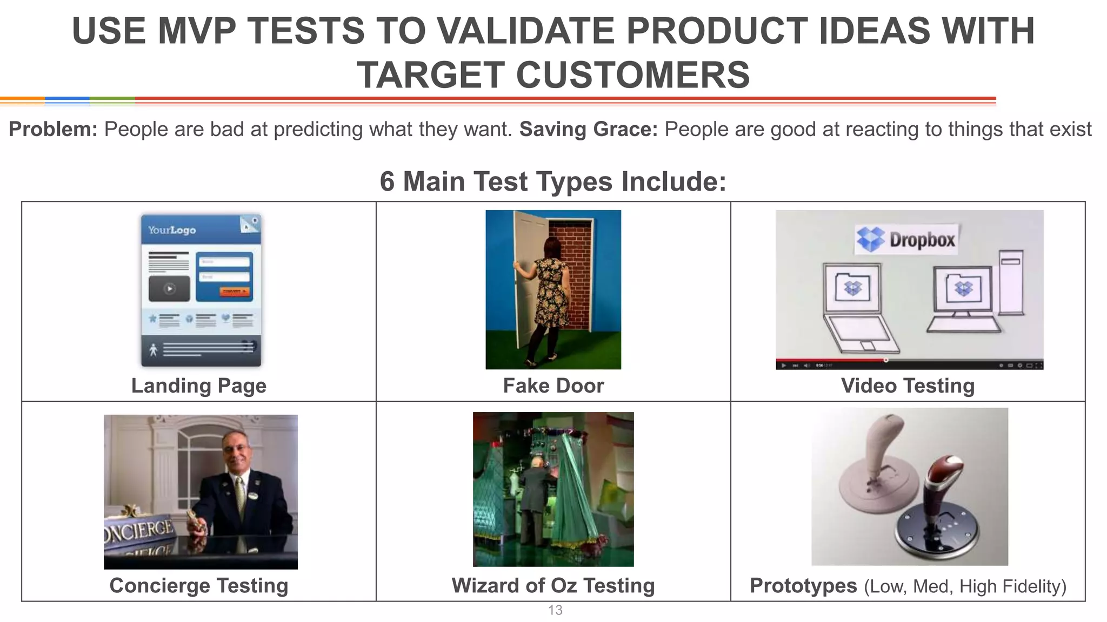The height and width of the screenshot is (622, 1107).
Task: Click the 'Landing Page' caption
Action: (x=198, y=386)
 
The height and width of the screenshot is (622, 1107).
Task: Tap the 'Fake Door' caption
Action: (x=553, y=386)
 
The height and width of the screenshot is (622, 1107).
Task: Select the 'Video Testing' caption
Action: (x=908, y=386)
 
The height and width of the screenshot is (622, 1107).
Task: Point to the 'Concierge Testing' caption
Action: (x=198, y=585)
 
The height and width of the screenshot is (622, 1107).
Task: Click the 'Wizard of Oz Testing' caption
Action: (x=553, y=585)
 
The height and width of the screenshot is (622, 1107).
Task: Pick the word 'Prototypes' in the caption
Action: (x=803, y=585)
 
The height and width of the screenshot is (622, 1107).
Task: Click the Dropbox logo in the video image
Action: (x=906, y=239)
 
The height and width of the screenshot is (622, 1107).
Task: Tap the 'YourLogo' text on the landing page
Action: (x=172, y=230)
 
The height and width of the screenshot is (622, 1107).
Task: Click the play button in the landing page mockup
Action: (x=169, y=288)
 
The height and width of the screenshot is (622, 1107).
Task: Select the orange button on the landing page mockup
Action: (x=235, y=292)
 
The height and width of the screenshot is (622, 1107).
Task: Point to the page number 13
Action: (x=555, y=610)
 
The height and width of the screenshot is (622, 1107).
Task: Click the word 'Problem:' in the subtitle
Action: (x=53, y=130)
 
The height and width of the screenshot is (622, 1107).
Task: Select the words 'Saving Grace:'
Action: (x=588, y=130)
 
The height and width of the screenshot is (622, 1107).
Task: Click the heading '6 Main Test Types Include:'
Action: (x=553, y=181)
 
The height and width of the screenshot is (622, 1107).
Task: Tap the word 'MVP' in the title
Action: (x=197, y=31)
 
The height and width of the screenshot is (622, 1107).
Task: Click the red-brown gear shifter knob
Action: (x=944, y=470)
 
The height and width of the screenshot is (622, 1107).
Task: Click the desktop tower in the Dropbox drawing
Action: (x=1011, y=281)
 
